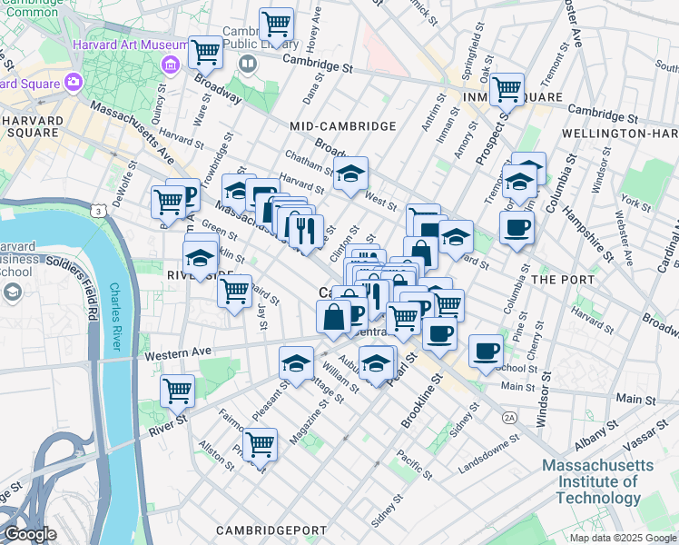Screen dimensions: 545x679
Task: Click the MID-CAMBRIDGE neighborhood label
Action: point(342,126)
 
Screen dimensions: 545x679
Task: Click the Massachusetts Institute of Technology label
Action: point(596,481)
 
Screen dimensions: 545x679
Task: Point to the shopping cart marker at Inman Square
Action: point(507,90)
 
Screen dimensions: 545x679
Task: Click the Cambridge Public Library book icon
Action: point(248,64)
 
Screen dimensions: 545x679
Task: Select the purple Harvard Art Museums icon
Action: point(169,64)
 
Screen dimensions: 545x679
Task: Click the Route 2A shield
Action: point(509,415)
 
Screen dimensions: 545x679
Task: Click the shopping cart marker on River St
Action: point(177,391)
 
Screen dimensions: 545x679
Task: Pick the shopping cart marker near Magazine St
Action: point(261,444)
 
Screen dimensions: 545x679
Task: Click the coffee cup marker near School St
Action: point(486,350)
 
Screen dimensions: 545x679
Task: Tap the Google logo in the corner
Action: point(31,534)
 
